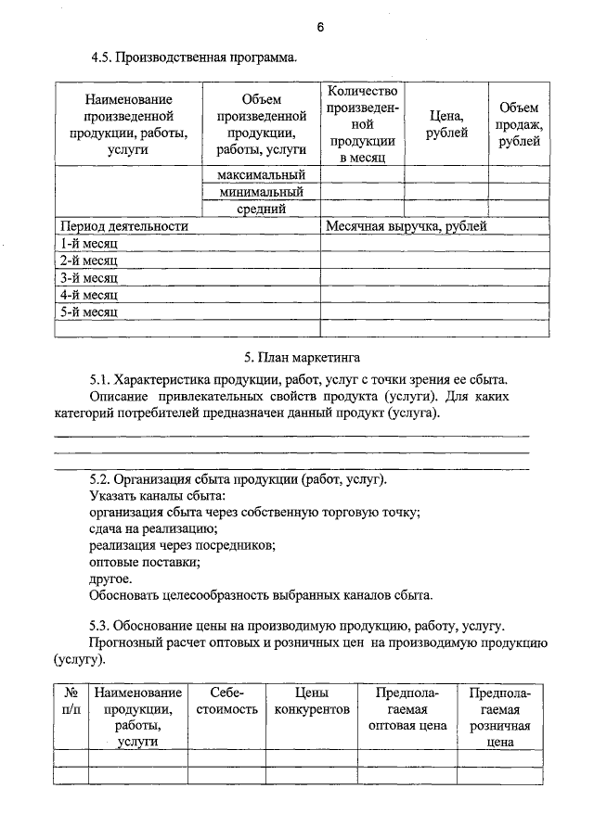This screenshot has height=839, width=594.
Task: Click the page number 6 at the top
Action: coord(320,27)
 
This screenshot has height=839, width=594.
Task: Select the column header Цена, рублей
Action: coord(446,124)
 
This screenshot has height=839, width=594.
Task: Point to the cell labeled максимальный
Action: coord(262,175)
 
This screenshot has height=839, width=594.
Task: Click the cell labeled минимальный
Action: coord(262,192)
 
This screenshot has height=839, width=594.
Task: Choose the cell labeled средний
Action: coord(262,209)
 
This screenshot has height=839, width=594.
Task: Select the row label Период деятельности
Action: coord(124,225)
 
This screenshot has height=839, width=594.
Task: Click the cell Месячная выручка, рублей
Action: coord(406,225)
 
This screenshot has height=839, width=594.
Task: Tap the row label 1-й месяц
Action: coord(89,243)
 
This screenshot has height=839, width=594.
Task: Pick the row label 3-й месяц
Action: coord(89,277)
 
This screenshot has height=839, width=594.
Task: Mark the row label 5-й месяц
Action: coord(89,311)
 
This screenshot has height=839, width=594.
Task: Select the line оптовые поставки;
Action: coord(144,562)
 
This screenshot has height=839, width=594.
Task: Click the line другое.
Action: coord(110,578)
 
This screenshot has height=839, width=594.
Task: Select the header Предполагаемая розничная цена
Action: coord(499,717)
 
